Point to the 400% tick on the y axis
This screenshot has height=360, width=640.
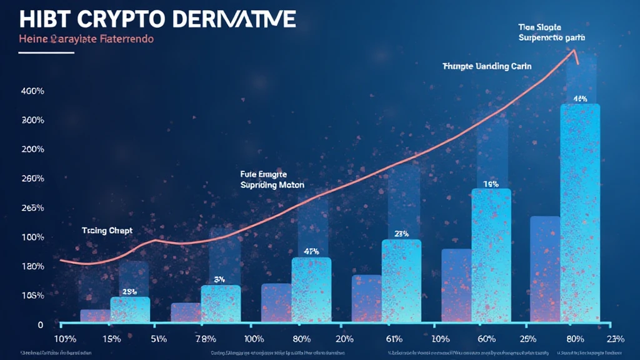(32, 91)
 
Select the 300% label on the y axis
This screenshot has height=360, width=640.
(32, 120)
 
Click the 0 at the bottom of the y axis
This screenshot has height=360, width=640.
(40, 325)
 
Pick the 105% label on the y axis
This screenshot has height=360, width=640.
(31, 296)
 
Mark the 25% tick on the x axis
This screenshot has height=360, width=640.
(529, 339)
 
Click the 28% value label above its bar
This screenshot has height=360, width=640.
(129, 292)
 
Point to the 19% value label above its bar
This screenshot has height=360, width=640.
(490, 184)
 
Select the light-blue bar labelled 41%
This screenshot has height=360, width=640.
(311, 290)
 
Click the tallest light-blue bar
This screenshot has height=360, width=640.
(580, 212)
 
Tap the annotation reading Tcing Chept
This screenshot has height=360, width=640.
(107, 231)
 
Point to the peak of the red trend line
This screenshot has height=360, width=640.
(574, 51)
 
